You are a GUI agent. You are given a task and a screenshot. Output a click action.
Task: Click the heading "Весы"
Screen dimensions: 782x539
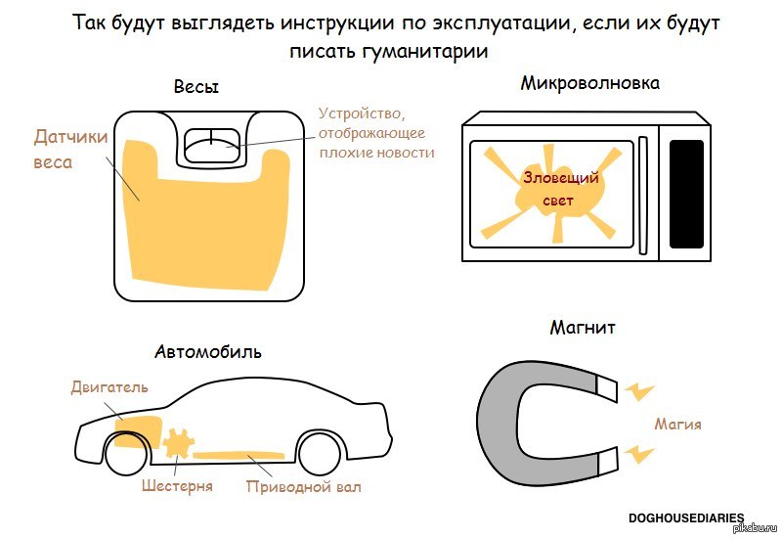196,87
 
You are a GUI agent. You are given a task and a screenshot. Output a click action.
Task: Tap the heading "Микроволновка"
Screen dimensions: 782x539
590,83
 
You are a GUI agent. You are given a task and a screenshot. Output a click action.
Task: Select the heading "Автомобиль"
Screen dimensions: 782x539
208,352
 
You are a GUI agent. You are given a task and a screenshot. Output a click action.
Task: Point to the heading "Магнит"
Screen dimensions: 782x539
583,328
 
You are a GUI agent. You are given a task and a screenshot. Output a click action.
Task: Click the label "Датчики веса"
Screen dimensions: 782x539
70,150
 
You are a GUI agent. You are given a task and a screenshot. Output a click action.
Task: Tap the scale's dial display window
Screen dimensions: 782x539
211,145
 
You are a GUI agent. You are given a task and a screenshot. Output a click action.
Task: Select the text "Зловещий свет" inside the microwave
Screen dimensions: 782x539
560,189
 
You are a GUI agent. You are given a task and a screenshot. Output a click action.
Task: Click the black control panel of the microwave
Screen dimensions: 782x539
686,194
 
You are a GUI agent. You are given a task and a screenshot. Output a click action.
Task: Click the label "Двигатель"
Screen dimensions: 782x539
109,386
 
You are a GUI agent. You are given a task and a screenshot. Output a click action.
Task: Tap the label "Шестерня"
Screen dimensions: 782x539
177,485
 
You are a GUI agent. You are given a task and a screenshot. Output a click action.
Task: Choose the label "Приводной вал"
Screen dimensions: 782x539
304,486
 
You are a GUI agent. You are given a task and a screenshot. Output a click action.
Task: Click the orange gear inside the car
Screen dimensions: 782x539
178,443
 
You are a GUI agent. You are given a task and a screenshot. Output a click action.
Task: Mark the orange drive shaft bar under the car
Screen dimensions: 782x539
239,455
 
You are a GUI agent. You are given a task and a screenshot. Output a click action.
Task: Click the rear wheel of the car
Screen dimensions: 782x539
320,453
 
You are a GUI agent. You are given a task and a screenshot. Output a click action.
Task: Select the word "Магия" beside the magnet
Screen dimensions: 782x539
677,425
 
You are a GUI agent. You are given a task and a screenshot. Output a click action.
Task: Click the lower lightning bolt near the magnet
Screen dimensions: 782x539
639,454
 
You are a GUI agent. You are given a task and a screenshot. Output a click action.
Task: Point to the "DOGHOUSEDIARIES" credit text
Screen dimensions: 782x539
686,518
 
